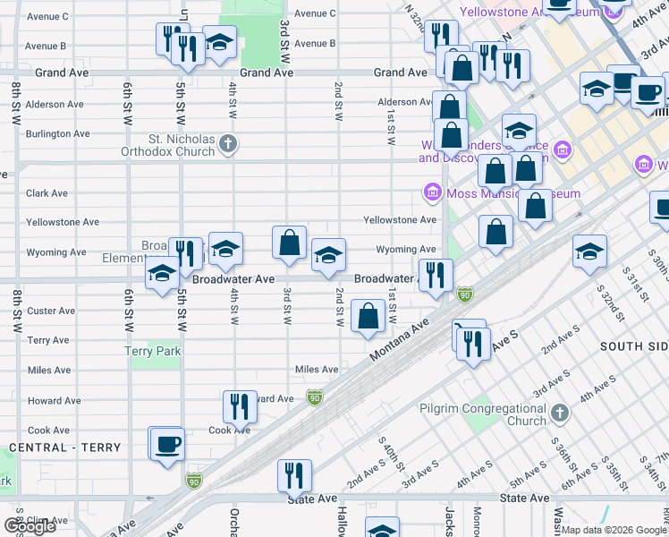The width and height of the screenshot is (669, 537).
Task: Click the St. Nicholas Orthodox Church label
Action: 182,145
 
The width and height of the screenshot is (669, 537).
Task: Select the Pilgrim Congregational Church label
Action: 482,414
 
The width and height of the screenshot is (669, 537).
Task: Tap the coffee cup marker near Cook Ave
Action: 167,443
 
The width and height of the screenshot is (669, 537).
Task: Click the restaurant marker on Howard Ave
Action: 239,406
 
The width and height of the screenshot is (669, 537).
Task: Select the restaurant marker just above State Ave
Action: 293,476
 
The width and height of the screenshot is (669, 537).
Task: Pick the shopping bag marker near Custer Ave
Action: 368,316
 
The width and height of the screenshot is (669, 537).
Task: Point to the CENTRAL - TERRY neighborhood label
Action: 51,447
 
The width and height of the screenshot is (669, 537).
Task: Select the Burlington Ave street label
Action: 57,134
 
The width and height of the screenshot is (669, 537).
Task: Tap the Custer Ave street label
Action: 51,311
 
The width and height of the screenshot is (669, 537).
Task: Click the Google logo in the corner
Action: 30,525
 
